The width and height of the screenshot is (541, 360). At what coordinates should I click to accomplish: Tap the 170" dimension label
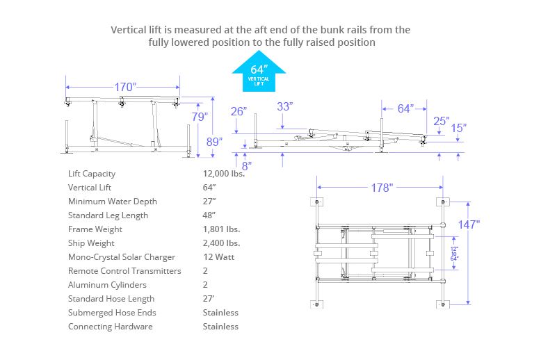125,87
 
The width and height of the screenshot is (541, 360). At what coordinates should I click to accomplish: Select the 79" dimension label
200,117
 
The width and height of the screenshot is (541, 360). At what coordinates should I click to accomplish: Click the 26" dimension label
239,111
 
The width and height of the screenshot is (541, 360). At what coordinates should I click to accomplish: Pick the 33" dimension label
284,106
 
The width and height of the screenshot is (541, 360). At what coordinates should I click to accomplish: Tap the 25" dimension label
442,122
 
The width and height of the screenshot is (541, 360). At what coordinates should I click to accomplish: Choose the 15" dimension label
458,128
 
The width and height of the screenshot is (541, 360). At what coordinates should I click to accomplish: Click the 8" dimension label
246,165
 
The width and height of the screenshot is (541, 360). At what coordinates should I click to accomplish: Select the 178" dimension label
382,188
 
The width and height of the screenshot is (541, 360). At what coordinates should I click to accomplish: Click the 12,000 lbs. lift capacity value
223,174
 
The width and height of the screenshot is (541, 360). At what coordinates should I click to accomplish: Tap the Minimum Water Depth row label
113,202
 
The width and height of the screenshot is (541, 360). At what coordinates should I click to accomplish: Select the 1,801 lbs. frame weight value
221,229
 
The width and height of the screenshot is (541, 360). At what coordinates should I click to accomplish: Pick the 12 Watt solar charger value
218,257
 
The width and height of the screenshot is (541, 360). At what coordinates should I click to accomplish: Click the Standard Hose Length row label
111,299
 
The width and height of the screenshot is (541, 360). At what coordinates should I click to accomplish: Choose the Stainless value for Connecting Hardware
220,327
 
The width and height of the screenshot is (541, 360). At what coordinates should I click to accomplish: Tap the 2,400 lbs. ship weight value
221,243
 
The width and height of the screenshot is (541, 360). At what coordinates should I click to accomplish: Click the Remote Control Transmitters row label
124,271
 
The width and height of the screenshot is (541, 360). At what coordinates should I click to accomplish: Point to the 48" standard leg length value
209,215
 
